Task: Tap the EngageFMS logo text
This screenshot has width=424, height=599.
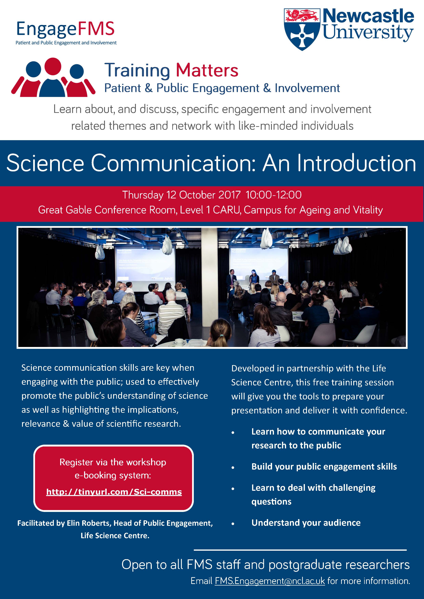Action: tap(65, 29)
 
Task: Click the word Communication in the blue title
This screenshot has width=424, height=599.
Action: tap(173, 163)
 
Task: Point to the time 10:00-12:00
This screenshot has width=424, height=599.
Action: tap(274, 195)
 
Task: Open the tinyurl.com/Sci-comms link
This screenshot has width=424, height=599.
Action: tap(114, 492)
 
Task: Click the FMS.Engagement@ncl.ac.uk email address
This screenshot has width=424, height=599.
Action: tap(270, 581)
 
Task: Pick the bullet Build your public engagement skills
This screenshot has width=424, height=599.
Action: tap(324, 466)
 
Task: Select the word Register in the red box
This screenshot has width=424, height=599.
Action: tap(76, 462)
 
